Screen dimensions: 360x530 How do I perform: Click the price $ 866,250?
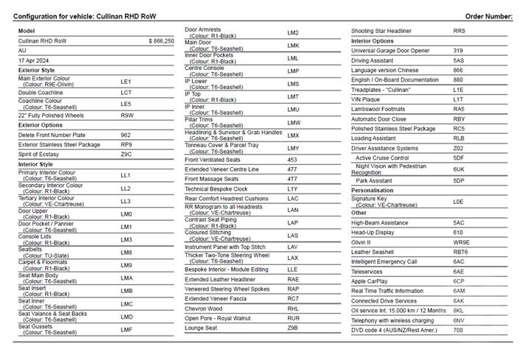click(161, 41)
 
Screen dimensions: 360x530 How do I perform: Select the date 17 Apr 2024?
click(33, 59)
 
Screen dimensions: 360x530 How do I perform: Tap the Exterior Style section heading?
click(36, 70)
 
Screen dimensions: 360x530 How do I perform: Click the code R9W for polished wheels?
click(127, 116)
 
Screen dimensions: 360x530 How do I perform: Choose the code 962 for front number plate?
click(126, 135)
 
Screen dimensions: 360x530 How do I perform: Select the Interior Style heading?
click(35, 164)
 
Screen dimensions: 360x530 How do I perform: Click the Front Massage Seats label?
click(211, 179)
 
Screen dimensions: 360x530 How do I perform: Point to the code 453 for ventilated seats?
click(292, 160)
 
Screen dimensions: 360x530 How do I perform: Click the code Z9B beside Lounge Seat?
click(293, 328)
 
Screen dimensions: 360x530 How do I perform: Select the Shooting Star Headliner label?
click(386, 31)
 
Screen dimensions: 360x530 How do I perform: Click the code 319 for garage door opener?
click(458, 50)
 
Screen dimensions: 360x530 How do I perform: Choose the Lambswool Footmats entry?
click(381, 108)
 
